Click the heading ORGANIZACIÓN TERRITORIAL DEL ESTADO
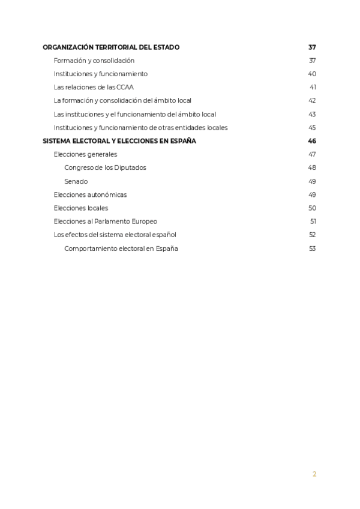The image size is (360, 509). [x=111, y=47]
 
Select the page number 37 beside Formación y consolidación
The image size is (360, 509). [x=312, y=61]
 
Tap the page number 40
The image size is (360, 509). [x=312, y=74]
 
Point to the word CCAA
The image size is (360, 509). [x=125, y=88]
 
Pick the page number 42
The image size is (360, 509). [x=312, y=101]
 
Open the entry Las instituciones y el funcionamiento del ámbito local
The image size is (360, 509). [x=134, y=114]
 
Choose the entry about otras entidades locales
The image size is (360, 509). [x=140, y=128]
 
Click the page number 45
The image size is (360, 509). [x=312, y=128]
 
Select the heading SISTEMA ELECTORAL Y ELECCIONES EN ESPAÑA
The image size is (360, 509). [x=119, y=141]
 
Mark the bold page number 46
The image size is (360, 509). [x=311, y=141]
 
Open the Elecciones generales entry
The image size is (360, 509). [x=85, y=154]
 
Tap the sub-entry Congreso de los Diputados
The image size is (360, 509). [x=105, y=168]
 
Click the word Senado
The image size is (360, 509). [x=76, y=181]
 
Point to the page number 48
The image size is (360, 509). [x=312, y=168]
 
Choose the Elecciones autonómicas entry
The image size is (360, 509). [x=90, y=194]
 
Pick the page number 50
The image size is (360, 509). [x=312, y=208]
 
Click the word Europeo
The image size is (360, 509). [x=145, y=221]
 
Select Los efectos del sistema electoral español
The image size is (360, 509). [x=115, y=235]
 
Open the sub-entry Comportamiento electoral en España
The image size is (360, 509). [x=121, y=248]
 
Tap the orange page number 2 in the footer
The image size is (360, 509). [x=314, y=474]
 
